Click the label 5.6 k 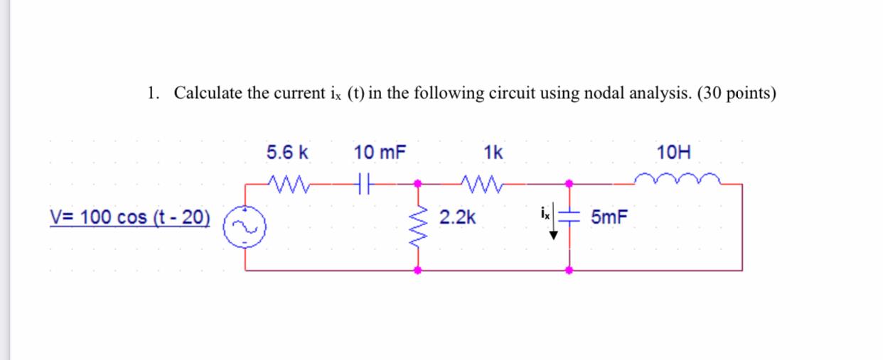[288, 152]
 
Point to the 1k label [493, 152]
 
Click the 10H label [674, 152]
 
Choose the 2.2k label [457, 217]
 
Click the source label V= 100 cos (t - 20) [130, 217]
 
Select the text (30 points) [737, 93]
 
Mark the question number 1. [151, 93]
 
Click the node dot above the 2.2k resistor [418, 184]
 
